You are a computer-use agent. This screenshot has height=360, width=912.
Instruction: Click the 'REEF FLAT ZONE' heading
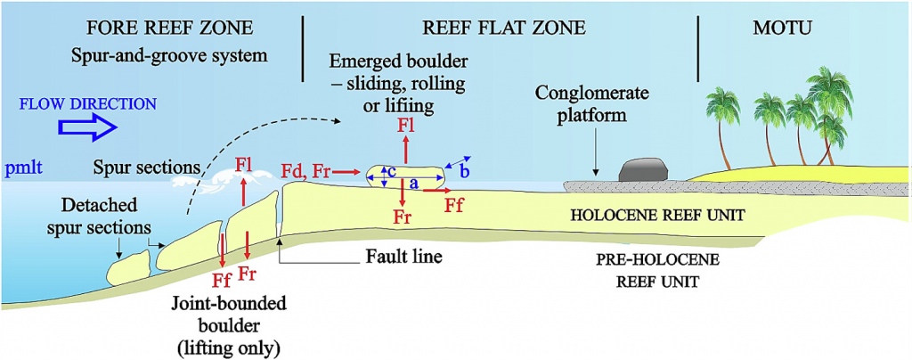click(x=504, y=28)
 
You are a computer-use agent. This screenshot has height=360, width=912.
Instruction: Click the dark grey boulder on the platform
click(x=639, y=172)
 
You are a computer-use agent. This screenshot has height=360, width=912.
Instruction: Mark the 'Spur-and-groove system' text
click(x=170, y=55)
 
